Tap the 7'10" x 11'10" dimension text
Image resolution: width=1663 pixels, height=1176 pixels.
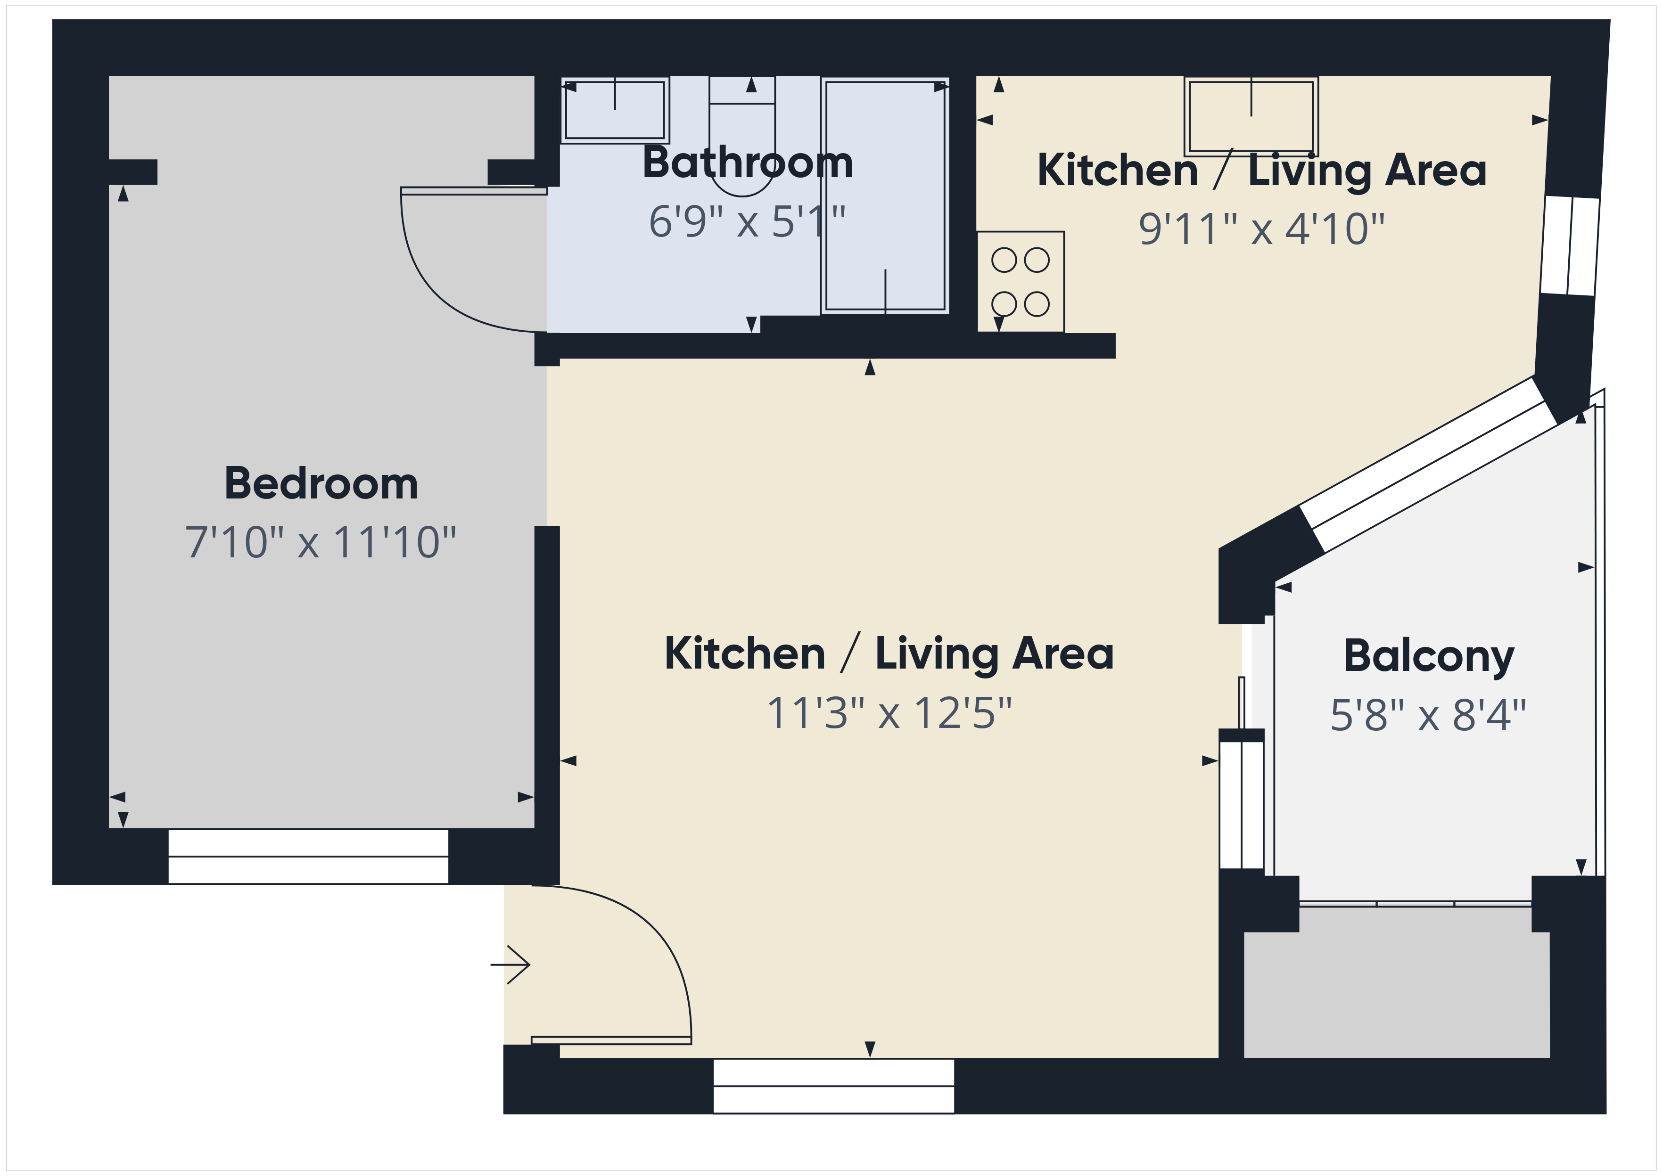[x=321, y=542]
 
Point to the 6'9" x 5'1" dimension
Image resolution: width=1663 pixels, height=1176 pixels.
[x=747, y=221]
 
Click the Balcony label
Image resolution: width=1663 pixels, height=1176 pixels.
[x=1428, y=657]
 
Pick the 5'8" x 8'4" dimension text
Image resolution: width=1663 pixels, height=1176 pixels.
[x=1428, y=716]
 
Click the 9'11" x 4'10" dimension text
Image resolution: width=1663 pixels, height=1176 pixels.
[x=1261, y=229]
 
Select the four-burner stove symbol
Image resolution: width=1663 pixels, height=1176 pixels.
[x=1021, y=282]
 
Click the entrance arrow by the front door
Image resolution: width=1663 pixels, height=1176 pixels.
[x=510, y=964]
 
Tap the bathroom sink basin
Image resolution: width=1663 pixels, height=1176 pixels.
[x=615, y=110]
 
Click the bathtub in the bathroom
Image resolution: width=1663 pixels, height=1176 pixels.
[x=885, y=196]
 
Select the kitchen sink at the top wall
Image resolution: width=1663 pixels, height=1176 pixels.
[x=1251, y=116]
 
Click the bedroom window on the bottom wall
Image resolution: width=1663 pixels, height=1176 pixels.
[x=309, y=857]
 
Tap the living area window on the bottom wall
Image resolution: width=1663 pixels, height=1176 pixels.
[x=834, y=1086]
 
